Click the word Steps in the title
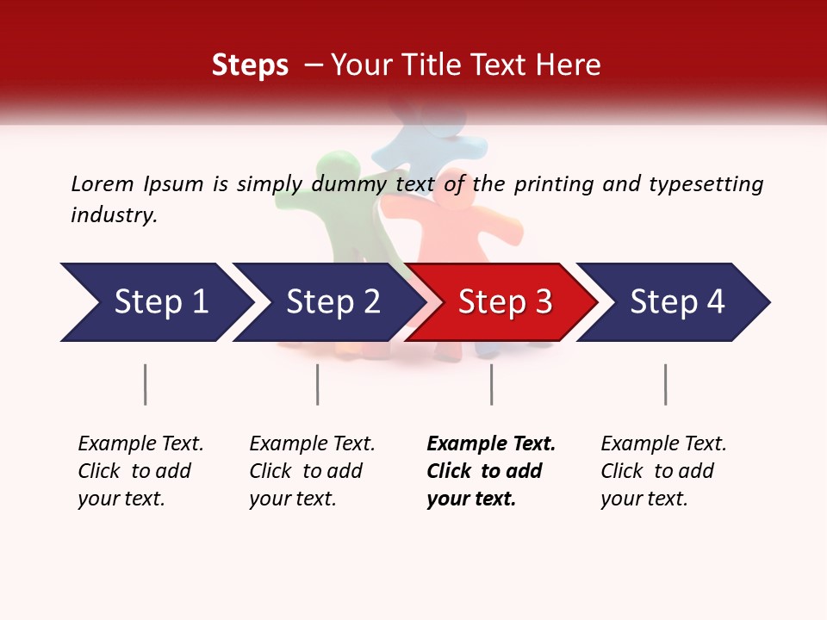(x=250, y=65)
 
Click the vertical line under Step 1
(x=146, y=384)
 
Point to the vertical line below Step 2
(x=318, y=384)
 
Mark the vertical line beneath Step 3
(x=491, y=384)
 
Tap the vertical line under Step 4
(x=665, y=384)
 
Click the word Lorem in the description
(x=103, y=183)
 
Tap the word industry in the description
(x=114, y=215)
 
